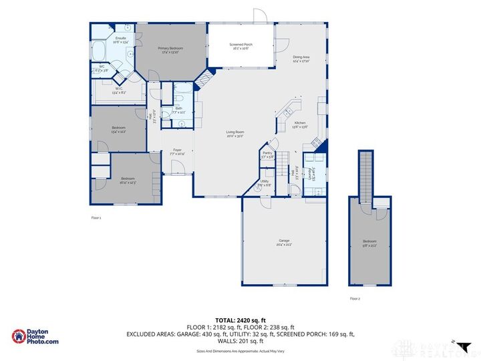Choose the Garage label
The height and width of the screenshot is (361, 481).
point(284,242)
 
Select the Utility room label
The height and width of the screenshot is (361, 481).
point(265,183)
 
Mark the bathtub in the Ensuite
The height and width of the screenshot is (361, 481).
point(98,51)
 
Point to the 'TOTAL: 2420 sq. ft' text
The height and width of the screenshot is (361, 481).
point(240,320)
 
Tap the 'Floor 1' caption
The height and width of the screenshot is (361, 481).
point(97,218)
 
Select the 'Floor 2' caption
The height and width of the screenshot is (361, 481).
point(355,299)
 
